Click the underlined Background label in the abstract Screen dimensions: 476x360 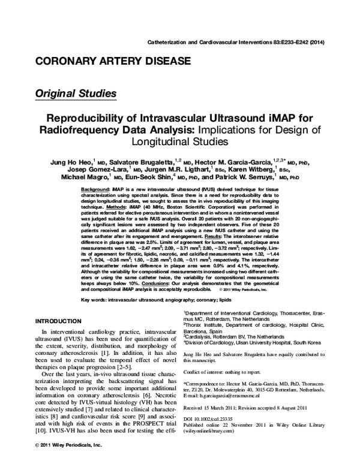pyautogui.click(x=94, y=189)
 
